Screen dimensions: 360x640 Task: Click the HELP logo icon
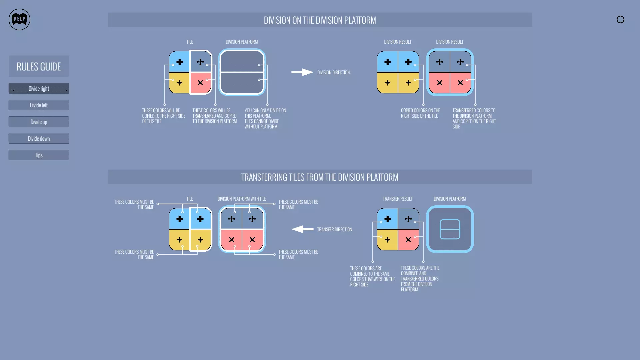[x=19, y=19]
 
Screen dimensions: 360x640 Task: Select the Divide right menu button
[x=39, y=88]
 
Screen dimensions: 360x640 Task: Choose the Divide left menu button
[x=39, y=105]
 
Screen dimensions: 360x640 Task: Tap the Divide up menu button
[x=39, y=122]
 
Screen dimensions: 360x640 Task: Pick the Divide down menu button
[x=39, y=138]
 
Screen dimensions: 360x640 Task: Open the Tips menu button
[x=39, y=155]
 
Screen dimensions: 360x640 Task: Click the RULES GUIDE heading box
[x=39, y=66]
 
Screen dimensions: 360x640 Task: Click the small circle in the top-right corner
[x=620, y=19]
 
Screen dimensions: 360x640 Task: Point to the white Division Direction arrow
[x=302, y=72]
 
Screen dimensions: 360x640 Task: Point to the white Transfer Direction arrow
[x=302, y=229]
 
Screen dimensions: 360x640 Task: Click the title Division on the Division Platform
[x=320, y=20]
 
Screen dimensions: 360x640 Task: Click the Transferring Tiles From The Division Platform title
[x=320, y=177]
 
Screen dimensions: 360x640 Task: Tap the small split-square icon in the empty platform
[x=450, y=229]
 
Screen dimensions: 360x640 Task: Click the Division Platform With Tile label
[x=242, y=199]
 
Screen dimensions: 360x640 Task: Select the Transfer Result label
[x=397, y=199]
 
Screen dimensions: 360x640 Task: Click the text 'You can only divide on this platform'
[x=265, y=118]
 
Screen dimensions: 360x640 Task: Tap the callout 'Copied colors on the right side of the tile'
[x=420, y=113]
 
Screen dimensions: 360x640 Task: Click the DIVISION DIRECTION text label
[x=333, y=72]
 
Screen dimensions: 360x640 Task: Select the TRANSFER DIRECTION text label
[x=334, y=229]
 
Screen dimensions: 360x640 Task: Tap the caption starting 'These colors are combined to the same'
[x=372, y=276]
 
